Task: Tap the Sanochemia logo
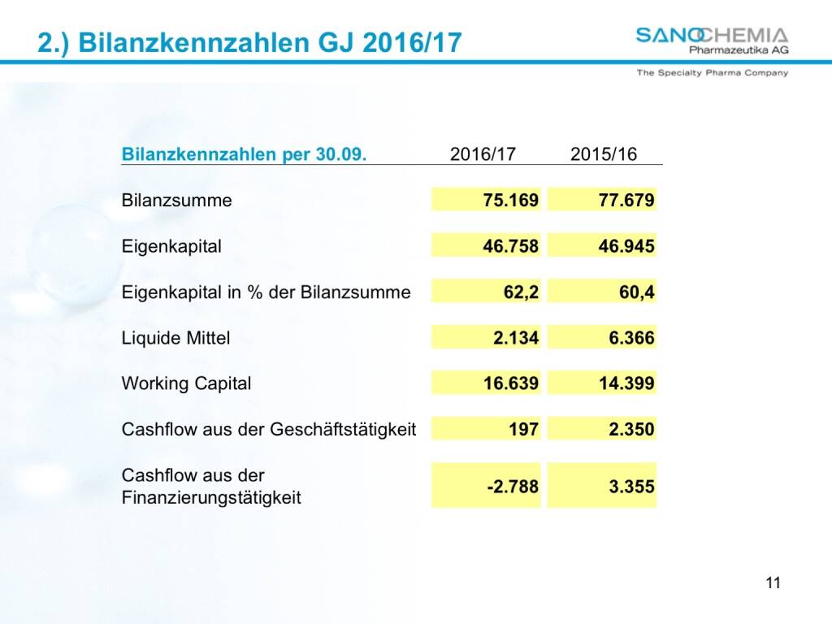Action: click(x=712, y=41)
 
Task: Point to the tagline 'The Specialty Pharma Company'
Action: click(x=712, y=72)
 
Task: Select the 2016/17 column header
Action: click(x=483, y=154)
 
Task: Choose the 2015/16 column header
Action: click(x=604, y=154)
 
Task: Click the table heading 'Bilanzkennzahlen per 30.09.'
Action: click(x=244, y=154)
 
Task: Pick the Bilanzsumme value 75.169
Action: click(x=511, y=200)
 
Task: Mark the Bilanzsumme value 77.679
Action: click(x=626, y=200)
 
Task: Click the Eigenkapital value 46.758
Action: click(x=511, y=246)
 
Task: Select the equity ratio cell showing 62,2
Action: click(x=521, y=292)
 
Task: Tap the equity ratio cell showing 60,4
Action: click(x=636, y=292)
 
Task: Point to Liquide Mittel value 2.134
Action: click(x=516, y=338)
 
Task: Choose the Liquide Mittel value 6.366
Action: click(x=631, y=338)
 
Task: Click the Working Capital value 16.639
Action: click(x=511, y=383)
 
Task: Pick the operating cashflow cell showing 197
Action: click(x=524, y=429)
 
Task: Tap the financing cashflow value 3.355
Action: click(x=631, y=487)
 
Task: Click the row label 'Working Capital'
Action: click(x=186, y=383)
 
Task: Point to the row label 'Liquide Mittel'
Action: click(x=175, y=338)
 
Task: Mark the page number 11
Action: click(x=773, y=583)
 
